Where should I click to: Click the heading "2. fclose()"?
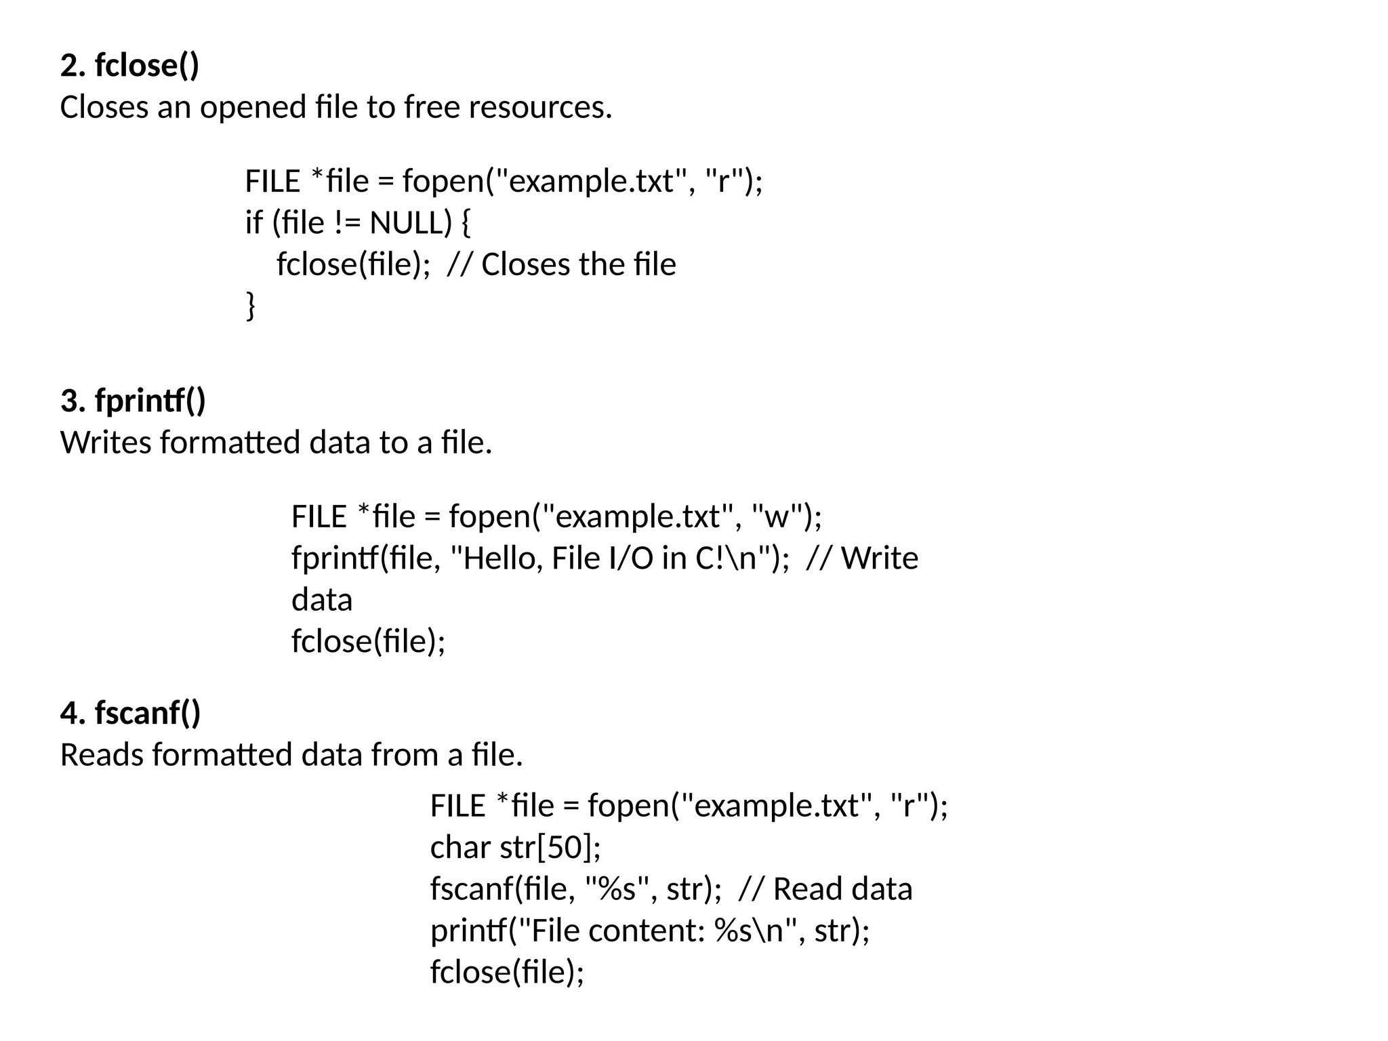click(129, 65)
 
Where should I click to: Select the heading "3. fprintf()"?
click(133, 401)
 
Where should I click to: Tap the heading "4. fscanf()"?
click(130, 713)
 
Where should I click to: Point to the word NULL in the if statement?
click(410, 223)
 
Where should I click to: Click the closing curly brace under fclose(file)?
click(251, 306)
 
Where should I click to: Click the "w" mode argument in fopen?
click(777, 517)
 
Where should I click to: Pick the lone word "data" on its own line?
click(322, 600)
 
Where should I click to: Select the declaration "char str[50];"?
click(515, 847)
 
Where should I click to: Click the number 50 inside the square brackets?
click(563, 847)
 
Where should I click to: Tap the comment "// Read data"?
click(825, 889)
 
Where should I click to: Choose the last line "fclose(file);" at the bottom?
click(507, 972)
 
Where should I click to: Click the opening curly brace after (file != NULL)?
click(466, 223)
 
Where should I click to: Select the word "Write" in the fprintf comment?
click(879, 558)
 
